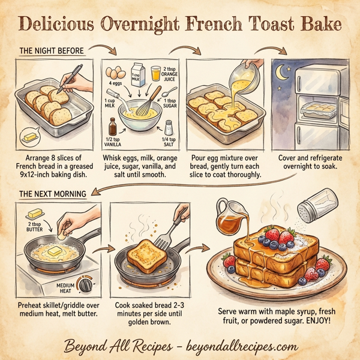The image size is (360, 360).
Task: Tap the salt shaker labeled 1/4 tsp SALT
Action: point(169,128)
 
